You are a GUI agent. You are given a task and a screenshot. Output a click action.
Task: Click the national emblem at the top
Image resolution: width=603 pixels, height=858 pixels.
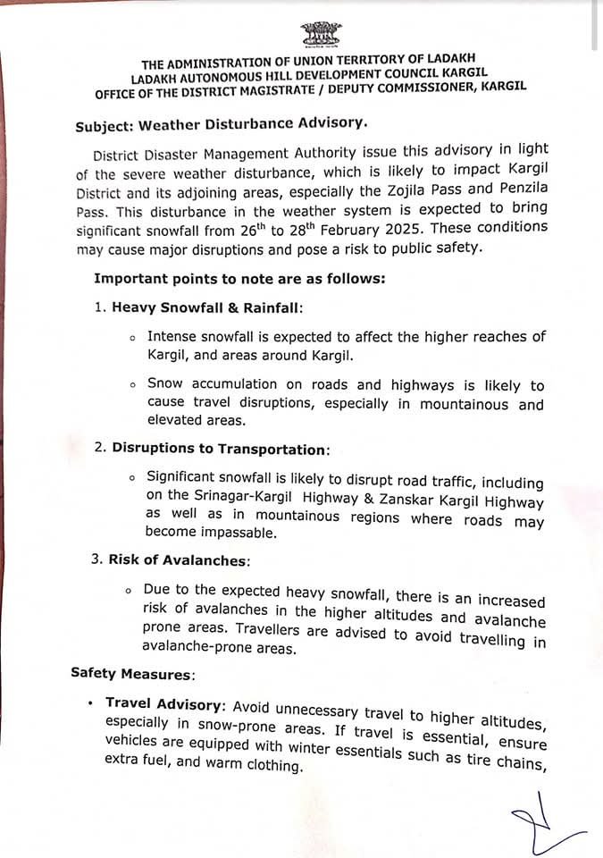pyautogui.click(x=321, y=36)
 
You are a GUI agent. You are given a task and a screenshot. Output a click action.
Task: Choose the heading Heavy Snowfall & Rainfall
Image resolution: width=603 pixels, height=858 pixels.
pyautogui.click(x=206, y=307)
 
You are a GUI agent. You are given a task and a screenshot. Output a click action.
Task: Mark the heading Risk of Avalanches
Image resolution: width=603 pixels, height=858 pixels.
pyautogui.click(x=178, y=560)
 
